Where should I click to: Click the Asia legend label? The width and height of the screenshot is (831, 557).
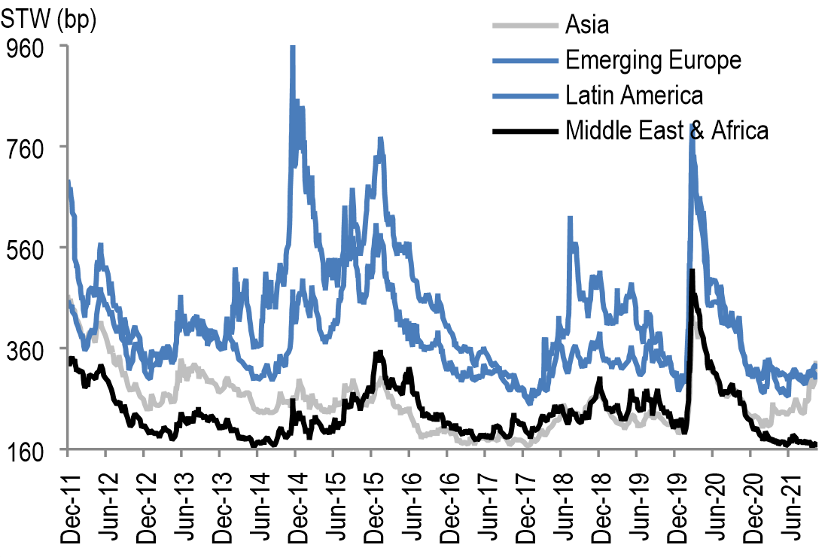click(x=587, y=25)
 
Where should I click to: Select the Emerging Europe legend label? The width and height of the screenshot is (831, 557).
click(x=653, y=60)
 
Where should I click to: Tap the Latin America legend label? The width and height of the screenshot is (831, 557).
click(x=634, y=96)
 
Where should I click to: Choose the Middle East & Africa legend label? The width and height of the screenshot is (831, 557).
click(x=667, y=131)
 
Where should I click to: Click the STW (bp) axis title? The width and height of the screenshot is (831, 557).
click(x=50, y=22)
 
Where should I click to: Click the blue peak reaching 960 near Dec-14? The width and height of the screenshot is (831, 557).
click(x=293, y=48)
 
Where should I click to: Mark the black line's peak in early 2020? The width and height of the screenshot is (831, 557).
click(x=692, y=270)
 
